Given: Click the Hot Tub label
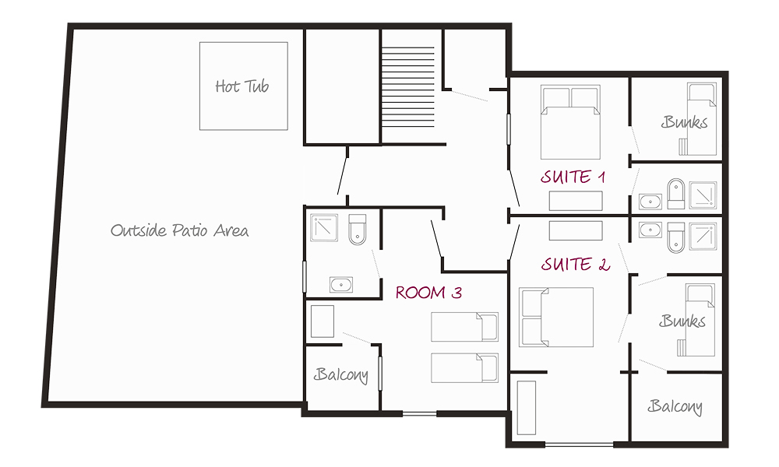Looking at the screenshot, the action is pos(242,86).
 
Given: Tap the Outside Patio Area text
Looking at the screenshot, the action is pos(179,230).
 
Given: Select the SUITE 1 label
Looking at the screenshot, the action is pos(573,177).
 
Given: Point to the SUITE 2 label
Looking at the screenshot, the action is pos(576,264).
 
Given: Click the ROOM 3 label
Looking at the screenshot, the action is pos(428,293).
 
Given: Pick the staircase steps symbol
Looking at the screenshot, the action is pos(408,87).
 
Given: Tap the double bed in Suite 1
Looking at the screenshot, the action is pos(570,122).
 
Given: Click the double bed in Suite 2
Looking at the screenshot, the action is pos(556,317).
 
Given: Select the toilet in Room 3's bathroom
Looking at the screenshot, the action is pos(358,230).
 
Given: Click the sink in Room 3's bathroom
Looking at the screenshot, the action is pos(341,285).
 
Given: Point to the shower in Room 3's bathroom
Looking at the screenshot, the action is pos(324,227).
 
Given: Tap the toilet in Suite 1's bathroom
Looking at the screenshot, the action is pos(675,194).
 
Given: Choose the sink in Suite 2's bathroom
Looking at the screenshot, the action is pos(650,230).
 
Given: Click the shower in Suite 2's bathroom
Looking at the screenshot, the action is pos(703,236).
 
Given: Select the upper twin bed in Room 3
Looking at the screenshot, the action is pos(464,327).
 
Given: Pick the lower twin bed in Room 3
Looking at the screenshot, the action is pos(464,367).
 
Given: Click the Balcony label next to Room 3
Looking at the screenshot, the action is pos(341,374).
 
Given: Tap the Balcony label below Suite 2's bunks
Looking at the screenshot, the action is pos(675,406).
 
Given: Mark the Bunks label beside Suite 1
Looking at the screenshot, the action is pos(685,122).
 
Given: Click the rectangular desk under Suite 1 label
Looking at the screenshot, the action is pos(576,201).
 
